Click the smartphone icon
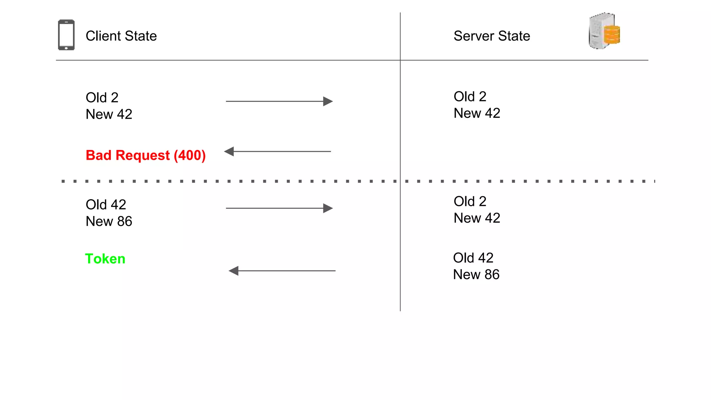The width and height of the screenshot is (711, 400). pyautogui.click(x=66, y=35)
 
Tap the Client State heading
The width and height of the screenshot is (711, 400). pyautogui.click(x=121, y=36)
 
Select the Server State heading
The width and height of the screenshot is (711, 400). pyautogui.click(x=492, y=36)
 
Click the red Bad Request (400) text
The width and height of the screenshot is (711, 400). pyautogui.click(x=145, y=155)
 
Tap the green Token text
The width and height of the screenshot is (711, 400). pyautogui.click(x=105, y=259)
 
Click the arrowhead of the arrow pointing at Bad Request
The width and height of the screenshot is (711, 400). pyautogui.click(x=229, y=151)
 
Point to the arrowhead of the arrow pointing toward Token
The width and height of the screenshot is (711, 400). pyautogui.click(x=234, y=271)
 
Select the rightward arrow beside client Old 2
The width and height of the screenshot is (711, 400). pyautogui.click(x=279, y=101)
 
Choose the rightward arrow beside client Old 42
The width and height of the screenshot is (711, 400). pyautogui.click(x=279, y=208)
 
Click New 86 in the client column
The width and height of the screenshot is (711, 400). pyautogui.click(x=109, y=222)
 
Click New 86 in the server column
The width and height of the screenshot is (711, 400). pyautogui.click(x=476, y=275)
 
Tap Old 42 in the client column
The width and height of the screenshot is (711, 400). pyautogui.click(x=106, y=205)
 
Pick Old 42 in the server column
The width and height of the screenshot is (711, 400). pyautogui.click(x=473, y=258)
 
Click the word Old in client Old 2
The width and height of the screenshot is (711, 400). pyautogui.click(x=96, y=98)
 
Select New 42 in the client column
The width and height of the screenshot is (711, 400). pyautogui.click(x=109, y=115)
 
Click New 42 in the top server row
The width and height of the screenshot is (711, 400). pyautogui.click(x=477, y=113)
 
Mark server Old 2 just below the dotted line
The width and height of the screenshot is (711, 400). pyautogui.click(x=470, y=201)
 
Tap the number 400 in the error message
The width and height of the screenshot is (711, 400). pyautogui.click(x=190, y=155)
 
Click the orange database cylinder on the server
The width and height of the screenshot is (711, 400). pyautogui.click(x=612, y=35)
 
